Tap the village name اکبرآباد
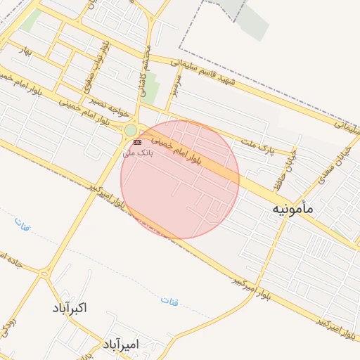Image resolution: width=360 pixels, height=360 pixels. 70,308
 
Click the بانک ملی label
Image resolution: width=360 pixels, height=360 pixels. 138,153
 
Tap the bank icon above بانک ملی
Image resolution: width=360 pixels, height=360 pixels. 136,142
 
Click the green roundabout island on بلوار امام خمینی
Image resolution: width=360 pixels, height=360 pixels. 131,130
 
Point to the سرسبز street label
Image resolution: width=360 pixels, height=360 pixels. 172,85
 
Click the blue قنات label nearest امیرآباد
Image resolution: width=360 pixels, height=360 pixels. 169,300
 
